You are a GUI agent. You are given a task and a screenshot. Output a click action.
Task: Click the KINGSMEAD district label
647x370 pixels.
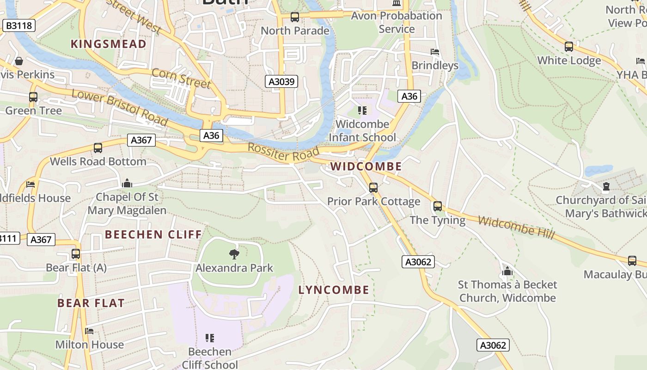click(x=108, y=44)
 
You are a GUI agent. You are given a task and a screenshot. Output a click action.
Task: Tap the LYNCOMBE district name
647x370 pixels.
click(x=334, y=290)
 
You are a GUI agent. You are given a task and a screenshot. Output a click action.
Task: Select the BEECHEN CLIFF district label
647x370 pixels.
click(x=153, y=234)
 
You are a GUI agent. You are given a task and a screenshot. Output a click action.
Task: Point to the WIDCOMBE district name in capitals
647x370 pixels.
click(x=366, y=166)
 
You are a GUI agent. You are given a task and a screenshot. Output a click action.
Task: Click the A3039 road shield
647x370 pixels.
click(x=281, y=82)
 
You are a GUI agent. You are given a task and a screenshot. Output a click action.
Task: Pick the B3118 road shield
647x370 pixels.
click(x=19, y=25)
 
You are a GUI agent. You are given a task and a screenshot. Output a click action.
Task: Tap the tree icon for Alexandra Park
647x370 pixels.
click(x=234, y=254)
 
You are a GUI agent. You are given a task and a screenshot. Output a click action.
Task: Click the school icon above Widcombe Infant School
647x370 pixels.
click(x=362, y=111)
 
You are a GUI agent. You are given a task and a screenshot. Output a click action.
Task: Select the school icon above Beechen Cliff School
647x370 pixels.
click(x=210, y=338)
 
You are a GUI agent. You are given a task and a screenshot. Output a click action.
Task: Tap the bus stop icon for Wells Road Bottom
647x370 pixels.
click(x=98, y=148)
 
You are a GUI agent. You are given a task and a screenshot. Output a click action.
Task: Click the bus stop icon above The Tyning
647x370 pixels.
click(x=437, y=206)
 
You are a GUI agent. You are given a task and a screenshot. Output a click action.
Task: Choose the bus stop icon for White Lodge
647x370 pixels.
click(x=569, y=47)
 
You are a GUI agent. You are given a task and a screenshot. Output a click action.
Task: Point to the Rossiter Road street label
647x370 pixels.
click(x=283, y=153)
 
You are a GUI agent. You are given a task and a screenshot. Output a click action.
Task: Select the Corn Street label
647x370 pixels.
click(x=181, y=78)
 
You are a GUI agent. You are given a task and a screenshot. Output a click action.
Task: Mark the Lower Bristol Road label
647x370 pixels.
click(x=119, y=107)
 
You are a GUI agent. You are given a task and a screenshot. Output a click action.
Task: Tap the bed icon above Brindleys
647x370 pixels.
click(x=434, y=52)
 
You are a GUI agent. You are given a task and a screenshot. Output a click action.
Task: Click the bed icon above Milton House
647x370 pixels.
click(x=89, y=331)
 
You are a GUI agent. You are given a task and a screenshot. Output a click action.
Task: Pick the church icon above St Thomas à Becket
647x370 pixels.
click(x=507, y=271)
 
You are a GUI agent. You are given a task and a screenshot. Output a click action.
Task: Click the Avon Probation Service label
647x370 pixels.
click(x=397, y=22)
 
